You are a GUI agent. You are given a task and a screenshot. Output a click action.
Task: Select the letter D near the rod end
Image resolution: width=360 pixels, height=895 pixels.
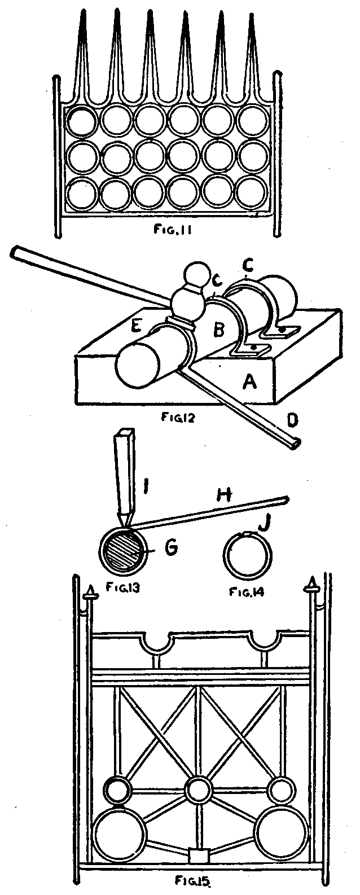[x=292, y=420]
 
